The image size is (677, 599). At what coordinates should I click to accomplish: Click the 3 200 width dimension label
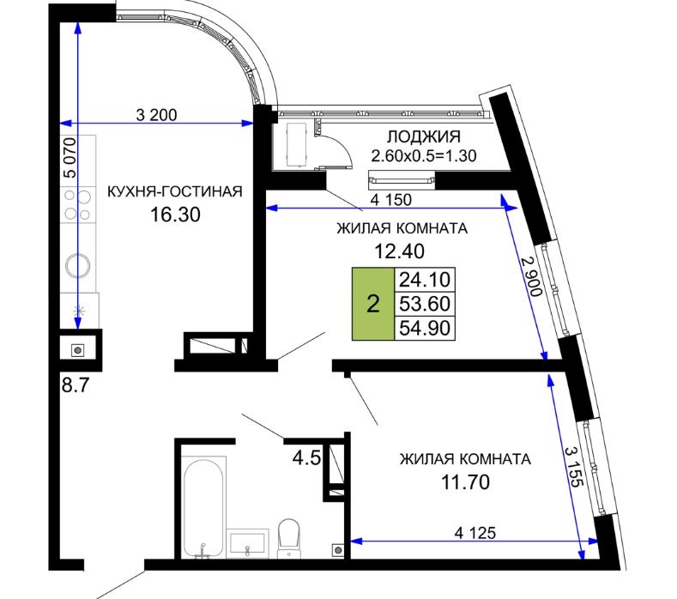coord(156,115)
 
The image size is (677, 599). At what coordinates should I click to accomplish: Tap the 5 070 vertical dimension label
coord(70,158)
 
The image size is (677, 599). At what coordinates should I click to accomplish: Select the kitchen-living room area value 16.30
coord(175,215)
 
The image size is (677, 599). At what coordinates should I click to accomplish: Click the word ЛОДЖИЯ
coord(424,137)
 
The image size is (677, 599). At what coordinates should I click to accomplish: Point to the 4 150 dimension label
coord(391,199)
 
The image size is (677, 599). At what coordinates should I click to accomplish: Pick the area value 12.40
coord(399,251)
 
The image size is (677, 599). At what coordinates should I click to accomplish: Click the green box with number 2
coord(373,304)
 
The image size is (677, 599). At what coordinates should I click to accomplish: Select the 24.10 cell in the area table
coord(425,280)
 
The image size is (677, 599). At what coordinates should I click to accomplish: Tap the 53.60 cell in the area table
coord(425,304)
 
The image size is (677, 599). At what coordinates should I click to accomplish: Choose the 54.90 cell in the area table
coord(425,328)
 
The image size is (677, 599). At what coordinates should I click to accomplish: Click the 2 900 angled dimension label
coord(531,276)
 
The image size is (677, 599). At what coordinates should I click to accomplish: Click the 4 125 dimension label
coord(475,533)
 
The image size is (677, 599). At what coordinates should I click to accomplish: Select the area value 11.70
coord(465,482)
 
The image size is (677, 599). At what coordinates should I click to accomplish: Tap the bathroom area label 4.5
coord(306,458)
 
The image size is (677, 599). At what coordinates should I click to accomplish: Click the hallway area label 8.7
coord(76,384)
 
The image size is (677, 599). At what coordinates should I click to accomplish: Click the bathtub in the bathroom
coord(203,508)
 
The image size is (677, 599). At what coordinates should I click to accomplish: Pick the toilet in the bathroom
coord(289,538)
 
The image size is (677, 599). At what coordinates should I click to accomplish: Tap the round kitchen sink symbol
coord(78,264)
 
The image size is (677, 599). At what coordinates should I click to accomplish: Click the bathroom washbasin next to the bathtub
coord(247,543)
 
